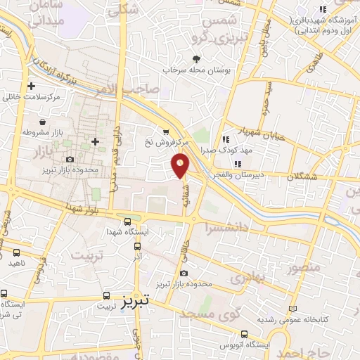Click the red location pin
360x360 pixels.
click(181, 165)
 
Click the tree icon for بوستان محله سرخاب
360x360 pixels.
click(196, 60)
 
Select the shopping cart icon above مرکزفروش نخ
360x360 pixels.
click(165, 131)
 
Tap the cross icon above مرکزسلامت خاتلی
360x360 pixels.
click(31, 86)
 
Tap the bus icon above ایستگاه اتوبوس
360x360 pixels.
click(244, 335)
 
